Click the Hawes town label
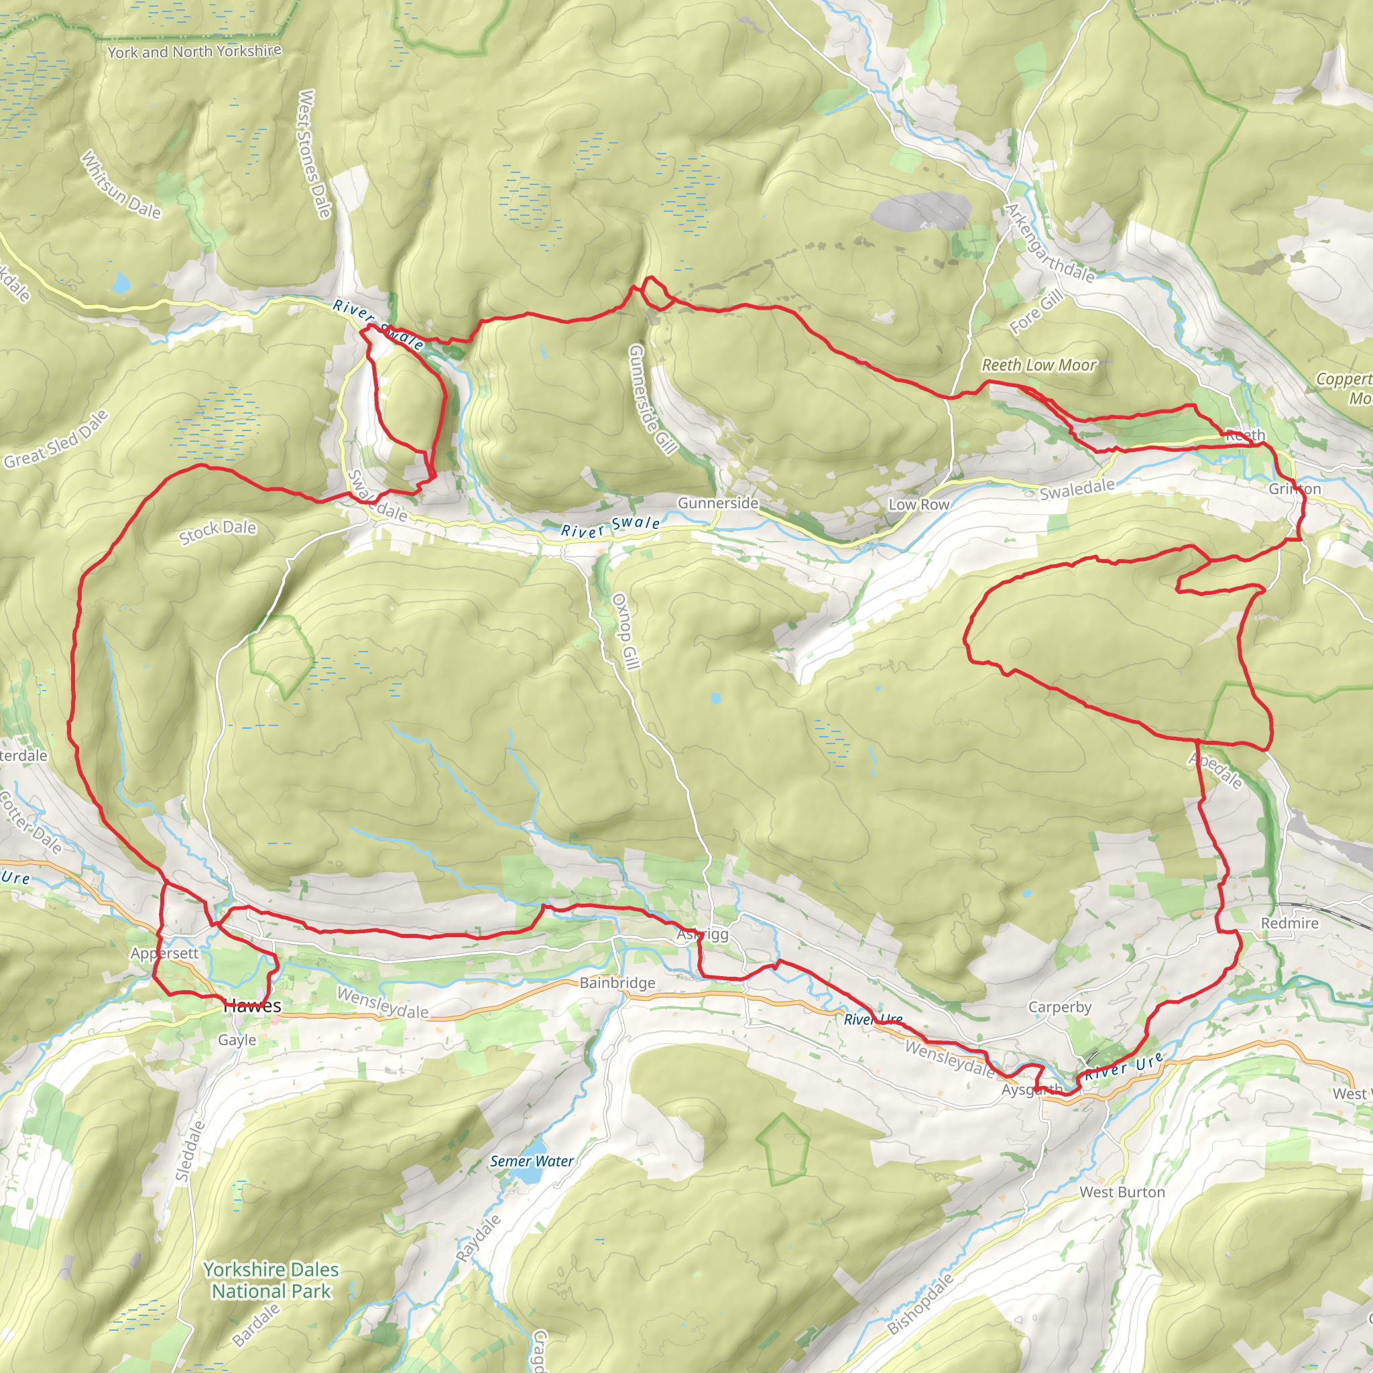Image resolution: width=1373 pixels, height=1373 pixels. click(x=252, y=1006)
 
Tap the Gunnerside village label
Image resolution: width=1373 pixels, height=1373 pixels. click(x=718, y=503)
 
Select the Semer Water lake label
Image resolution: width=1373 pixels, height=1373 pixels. click(x=532, y=1161)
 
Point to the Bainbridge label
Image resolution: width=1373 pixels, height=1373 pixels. click(x=617, y=983)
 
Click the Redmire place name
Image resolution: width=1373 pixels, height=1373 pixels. click(x=1289, y=923)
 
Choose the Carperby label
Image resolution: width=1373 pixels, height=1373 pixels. click(x=1060, y=1007)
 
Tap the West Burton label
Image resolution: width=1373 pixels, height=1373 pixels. click(x=1122, y=1193)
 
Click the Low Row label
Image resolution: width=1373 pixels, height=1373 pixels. click(x=918, y=505)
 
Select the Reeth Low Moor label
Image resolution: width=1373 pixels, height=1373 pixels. click(x=1039, y=365)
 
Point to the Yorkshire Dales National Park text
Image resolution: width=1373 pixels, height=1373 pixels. click(x=271, y=1280)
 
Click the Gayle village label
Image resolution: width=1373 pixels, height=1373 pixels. click(x=237, y=1040)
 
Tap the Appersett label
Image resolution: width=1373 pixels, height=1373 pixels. click(x=164, y=953)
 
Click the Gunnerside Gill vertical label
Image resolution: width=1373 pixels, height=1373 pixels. click(x=651, y=399)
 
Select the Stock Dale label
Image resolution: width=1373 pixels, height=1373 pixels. click(x=217, y=531)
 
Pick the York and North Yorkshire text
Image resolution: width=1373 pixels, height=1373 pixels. click(x=194, y=51)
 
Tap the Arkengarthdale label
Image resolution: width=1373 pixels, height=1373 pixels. click(x=1049, y=243)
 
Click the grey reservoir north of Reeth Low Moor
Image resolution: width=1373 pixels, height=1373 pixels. click(x=921, y=211)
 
